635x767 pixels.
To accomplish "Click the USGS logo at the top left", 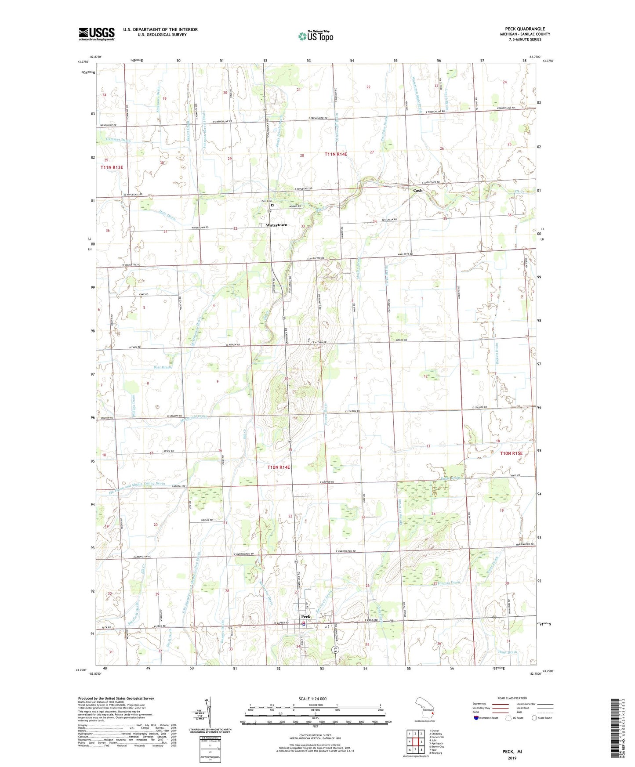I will tap(96, 34).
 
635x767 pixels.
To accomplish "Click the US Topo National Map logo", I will tap(316, 36).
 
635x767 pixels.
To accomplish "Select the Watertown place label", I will tap(276, 225).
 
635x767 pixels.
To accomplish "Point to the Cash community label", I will tap(417, 190).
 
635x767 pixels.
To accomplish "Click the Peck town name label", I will tap(305, 616).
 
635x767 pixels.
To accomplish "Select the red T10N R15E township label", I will tap(511, 453).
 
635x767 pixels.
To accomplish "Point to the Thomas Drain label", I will tap(449, 582).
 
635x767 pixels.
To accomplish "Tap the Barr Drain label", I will tap(162, 367).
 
